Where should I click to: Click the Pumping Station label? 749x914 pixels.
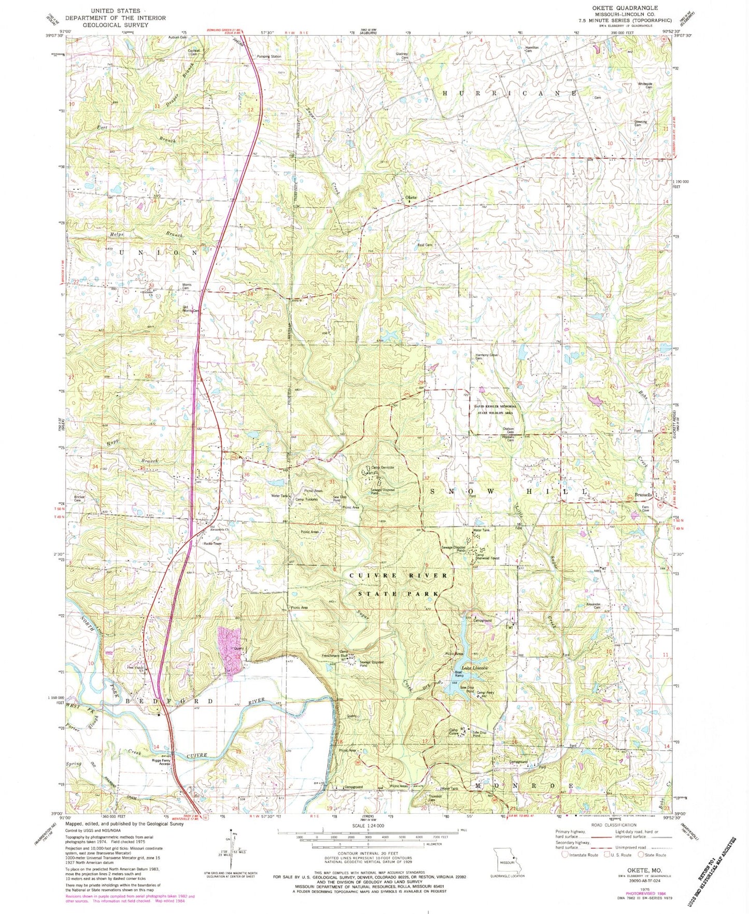click(x=268, y=57)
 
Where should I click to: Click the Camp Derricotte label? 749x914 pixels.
click(x=382, y=467)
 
